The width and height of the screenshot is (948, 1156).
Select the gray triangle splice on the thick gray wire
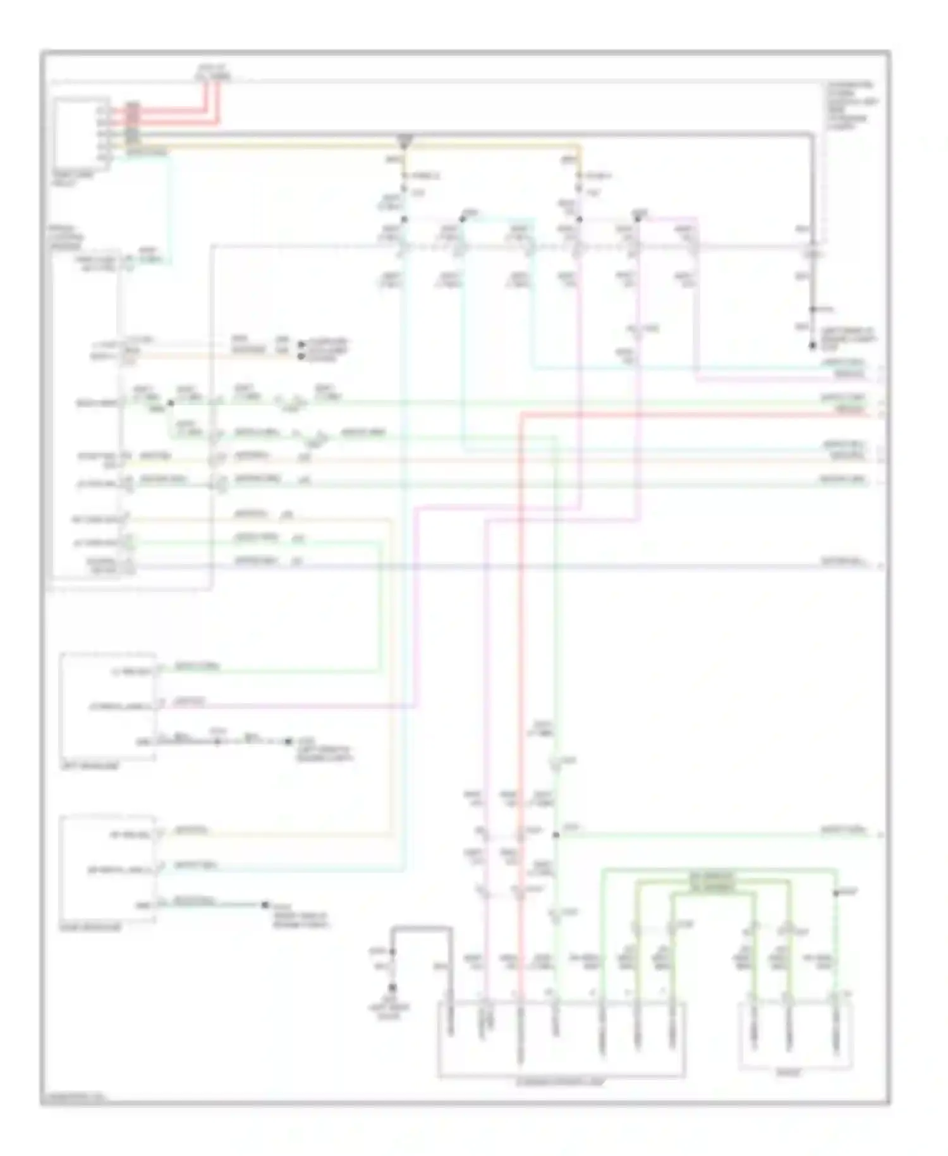pos(405,138)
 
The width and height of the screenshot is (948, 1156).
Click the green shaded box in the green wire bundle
pos(712,882)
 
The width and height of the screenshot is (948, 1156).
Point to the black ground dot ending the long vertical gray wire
pos(813,346)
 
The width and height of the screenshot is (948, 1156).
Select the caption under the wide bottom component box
pos(561,1082)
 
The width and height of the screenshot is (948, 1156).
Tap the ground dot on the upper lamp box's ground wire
pos(288,741)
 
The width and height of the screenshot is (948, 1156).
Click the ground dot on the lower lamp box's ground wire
pos(265,905)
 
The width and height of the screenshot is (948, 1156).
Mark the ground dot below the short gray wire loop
pos(392,987)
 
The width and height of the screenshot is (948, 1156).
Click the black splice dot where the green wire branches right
pos(556,835)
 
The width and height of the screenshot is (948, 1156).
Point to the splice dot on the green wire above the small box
pos(836,893)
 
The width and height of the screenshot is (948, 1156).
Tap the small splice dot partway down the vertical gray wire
pos(813,309)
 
